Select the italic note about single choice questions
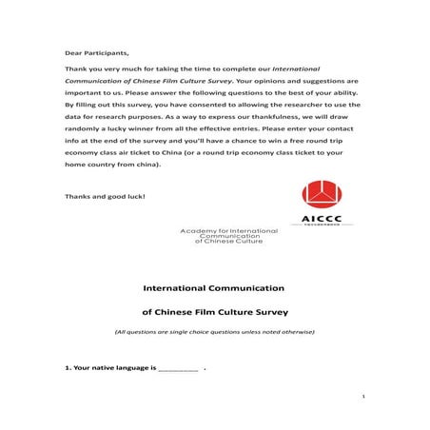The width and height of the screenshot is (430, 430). pyautogui.click(x=214, y=331)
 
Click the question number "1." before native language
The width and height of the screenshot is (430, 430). pyautogui.click(x=68, y=366)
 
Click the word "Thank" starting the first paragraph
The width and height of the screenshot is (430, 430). pyautogui.click(x=76, y=70)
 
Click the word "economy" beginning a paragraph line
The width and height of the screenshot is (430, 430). pyautogui.click(x=86, y=153)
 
